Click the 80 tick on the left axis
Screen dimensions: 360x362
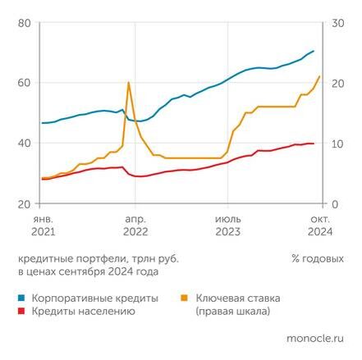point(24,22)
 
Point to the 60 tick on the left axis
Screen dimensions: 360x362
point(24,83)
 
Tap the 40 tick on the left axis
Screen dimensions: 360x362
point(24,144)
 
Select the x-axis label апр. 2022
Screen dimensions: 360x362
point(135,226)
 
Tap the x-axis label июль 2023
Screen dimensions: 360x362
point(227,226)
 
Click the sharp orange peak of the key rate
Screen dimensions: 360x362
point(128,82)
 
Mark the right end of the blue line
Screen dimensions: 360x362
point(314,52)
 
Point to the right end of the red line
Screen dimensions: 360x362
point(314,144)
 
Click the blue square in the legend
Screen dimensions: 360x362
point(21,298)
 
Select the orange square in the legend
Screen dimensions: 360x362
point(184,298)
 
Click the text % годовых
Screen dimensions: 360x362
point(317,258)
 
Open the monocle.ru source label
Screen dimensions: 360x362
point(314,337)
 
